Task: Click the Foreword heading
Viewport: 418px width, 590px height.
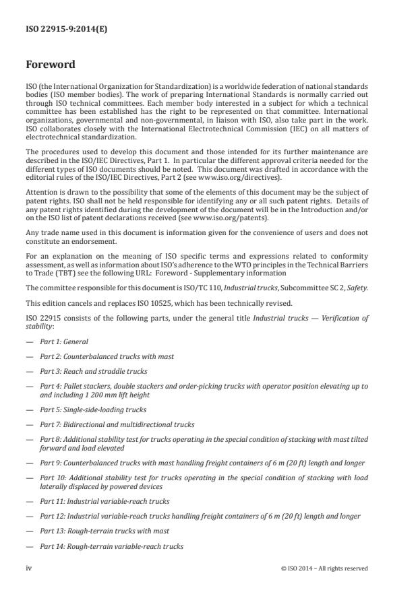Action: point(51,65)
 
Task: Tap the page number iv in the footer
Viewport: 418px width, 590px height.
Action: point(29,568)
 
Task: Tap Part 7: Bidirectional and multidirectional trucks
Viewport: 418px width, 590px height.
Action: point(117,424)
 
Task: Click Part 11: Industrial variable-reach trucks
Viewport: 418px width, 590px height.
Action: point(104,501)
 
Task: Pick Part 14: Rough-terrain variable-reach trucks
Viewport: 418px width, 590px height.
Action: point(111,546)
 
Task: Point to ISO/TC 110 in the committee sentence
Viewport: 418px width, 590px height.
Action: point(187,288)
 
